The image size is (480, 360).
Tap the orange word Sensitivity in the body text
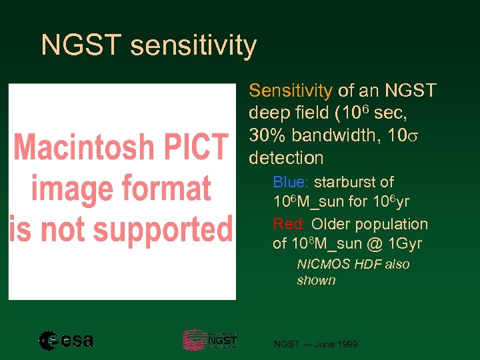290,90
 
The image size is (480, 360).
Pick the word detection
285,158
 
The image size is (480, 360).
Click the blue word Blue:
291,182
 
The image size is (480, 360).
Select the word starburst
354,182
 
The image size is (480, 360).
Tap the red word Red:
290,224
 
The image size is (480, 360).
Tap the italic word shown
316,280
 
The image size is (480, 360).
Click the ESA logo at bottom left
66,341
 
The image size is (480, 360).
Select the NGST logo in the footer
210,340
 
